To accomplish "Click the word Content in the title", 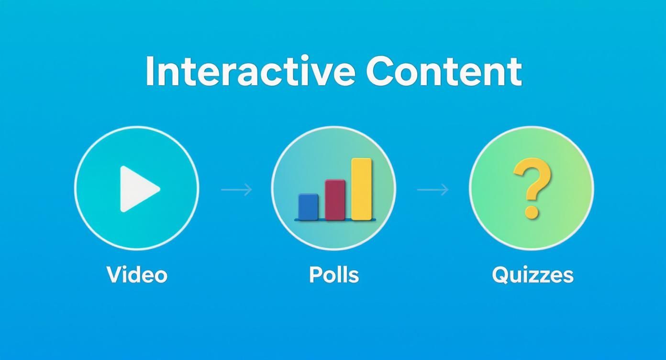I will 444,71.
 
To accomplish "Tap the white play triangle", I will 137,189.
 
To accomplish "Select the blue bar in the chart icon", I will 308,206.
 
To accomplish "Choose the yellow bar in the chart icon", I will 361,189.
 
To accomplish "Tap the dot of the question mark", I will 532,211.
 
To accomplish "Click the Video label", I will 137,275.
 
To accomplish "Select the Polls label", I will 334,275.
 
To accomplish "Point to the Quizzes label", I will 533,275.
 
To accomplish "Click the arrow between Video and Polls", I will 236,190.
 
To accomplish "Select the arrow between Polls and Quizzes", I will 433,190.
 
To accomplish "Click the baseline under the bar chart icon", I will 335,220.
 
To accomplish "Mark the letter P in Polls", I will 315,274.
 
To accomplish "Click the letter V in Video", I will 114,274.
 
